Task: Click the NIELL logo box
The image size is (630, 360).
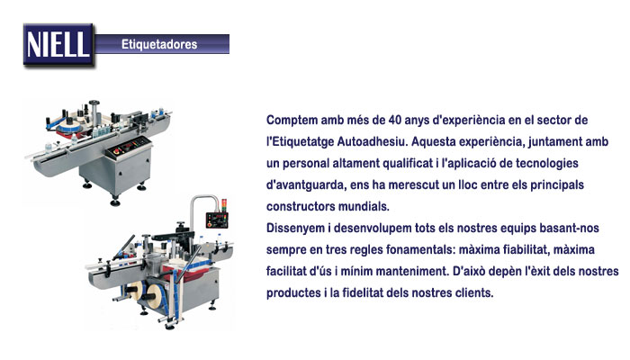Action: [x=58, y=44]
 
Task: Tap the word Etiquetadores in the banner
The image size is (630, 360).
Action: [x=159, y=44]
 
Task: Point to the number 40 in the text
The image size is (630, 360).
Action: [x=395, y=120]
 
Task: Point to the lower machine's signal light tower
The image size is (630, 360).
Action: [x=224, y=204]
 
